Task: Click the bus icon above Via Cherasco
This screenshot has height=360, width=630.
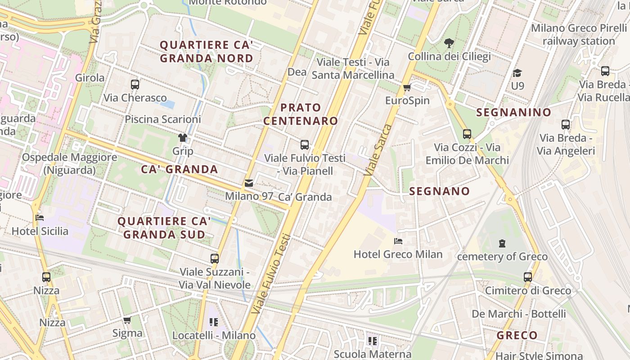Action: click(x=135, y=84)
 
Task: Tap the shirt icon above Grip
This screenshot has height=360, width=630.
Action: click(x=183, y=137)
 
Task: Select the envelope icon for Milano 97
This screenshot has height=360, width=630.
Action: click(x=249, y=183)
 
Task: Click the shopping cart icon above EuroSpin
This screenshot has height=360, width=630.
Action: click(x=407, y=87)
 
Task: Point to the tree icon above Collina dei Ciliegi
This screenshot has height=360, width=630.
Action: click(x=449, y=43)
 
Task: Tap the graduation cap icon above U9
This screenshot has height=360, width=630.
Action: click(x=517, y=72)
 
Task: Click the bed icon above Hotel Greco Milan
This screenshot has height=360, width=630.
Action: click(x=398, y=241)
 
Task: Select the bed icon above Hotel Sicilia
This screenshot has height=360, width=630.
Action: click(x=40, y=218)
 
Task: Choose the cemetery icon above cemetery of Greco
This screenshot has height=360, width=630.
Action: click(x=502, y=243)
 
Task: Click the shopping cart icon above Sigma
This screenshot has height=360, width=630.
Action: click(x=127, y=320)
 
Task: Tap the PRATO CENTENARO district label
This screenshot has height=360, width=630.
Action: click(x=301, y=114)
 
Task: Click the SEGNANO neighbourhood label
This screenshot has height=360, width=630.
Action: click(x=439, y=191)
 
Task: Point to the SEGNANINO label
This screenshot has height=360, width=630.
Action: click(x=513, y=112)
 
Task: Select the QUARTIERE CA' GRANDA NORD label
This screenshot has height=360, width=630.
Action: click(x=207, y=52)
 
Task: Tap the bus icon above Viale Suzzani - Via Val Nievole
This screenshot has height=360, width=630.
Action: click(x=215, y=258)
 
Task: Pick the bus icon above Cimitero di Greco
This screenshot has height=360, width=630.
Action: click(x=528, y=277)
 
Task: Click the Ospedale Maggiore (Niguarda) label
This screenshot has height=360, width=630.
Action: click(x=69, y=164)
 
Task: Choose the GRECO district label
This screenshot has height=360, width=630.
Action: click(x=517, y=335)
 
